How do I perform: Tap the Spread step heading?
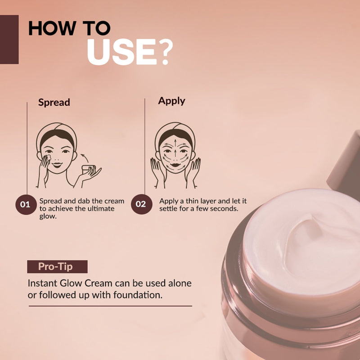54,102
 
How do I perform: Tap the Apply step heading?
171,100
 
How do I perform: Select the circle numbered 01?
25,205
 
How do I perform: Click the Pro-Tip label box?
57,266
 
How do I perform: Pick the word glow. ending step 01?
49,216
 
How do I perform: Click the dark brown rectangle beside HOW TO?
9,40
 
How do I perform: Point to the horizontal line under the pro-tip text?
110,306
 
